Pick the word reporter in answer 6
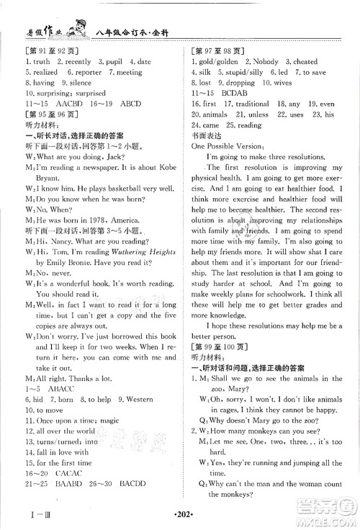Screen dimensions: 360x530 pyautogui.click(x=87, y=73)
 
